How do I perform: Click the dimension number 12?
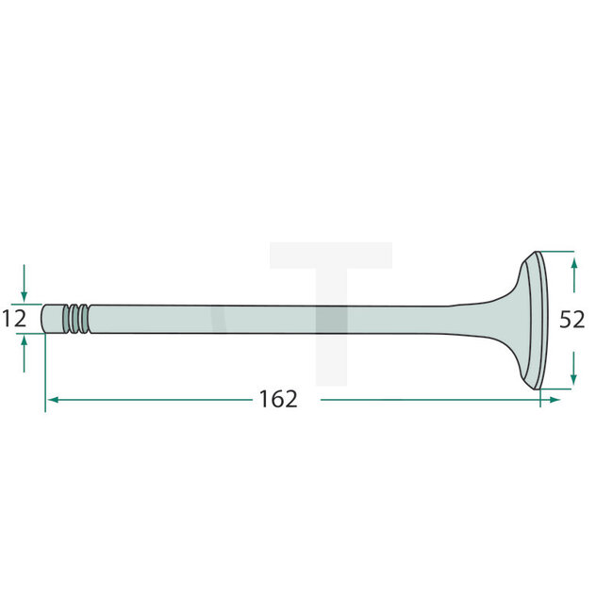coord(14,319)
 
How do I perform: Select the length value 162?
coord(278,399)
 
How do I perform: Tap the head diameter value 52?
coord(572,320)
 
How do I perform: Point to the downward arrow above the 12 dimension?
coord(25,288)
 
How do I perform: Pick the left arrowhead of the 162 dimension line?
coord(53,400)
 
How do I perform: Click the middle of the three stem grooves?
coord(76,318)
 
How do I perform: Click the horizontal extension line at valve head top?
coord(555,252)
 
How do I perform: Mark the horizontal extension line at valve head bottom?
coord(555,387)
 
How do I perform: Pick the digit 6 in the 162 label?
coord(278,399)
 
